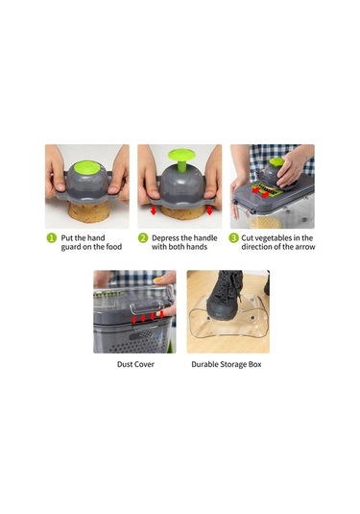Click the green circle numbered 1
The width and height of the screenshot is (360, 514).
52,238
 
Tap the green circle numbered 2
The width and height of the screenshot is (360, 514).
143,238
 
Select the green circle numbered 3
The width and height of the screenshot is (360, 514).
233,238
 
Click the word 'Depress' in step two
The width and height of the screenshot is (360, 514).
165,238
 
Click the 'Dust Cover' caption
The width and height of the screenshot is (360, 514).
135,364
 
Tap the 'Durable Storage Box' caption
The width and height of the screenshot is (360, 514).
227,364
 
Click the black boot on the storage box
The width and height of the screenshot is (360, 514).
225,294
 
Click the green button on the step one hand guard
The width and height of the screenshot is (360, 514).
86,167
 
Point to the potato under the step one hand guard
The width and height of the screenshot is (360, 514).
87,212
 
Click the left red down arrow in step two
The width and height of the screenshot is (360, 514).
154,210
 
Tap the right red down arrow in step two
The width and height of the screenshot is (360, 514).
209,210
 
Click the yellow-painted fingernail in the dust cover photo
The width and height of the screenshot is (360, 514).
157,280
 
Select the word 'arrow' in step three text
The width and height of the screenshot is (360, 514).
305,247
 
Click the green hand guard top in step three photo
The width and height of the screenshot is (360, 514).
276,162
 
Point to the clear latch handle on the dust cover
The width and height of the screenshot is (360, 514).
147,307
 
